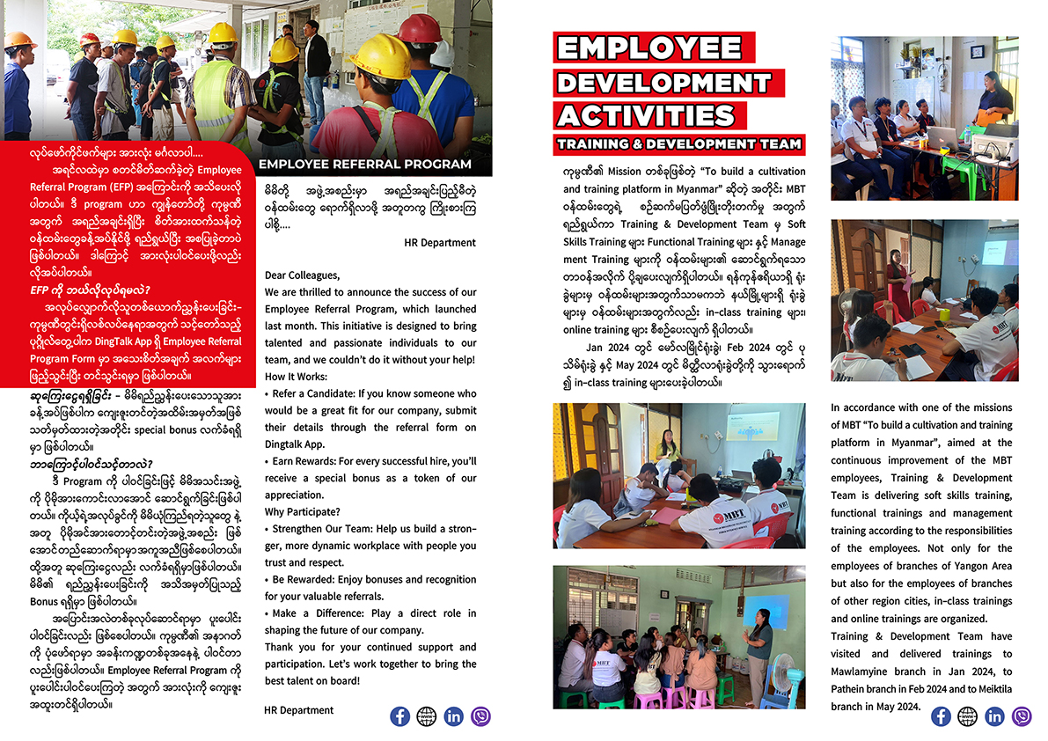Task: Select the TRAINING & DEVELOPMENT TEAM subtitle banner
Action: [678, 143]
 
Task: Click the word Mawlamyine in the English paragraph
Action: [866, 671]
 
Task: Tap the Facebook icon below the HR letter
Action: [399, 716]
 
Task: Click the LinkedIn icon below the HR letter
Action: [453, 716]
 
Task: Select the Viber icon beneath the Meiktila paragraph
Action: [1022, 716]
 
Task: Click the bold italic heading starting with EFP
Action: [90, 289]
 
